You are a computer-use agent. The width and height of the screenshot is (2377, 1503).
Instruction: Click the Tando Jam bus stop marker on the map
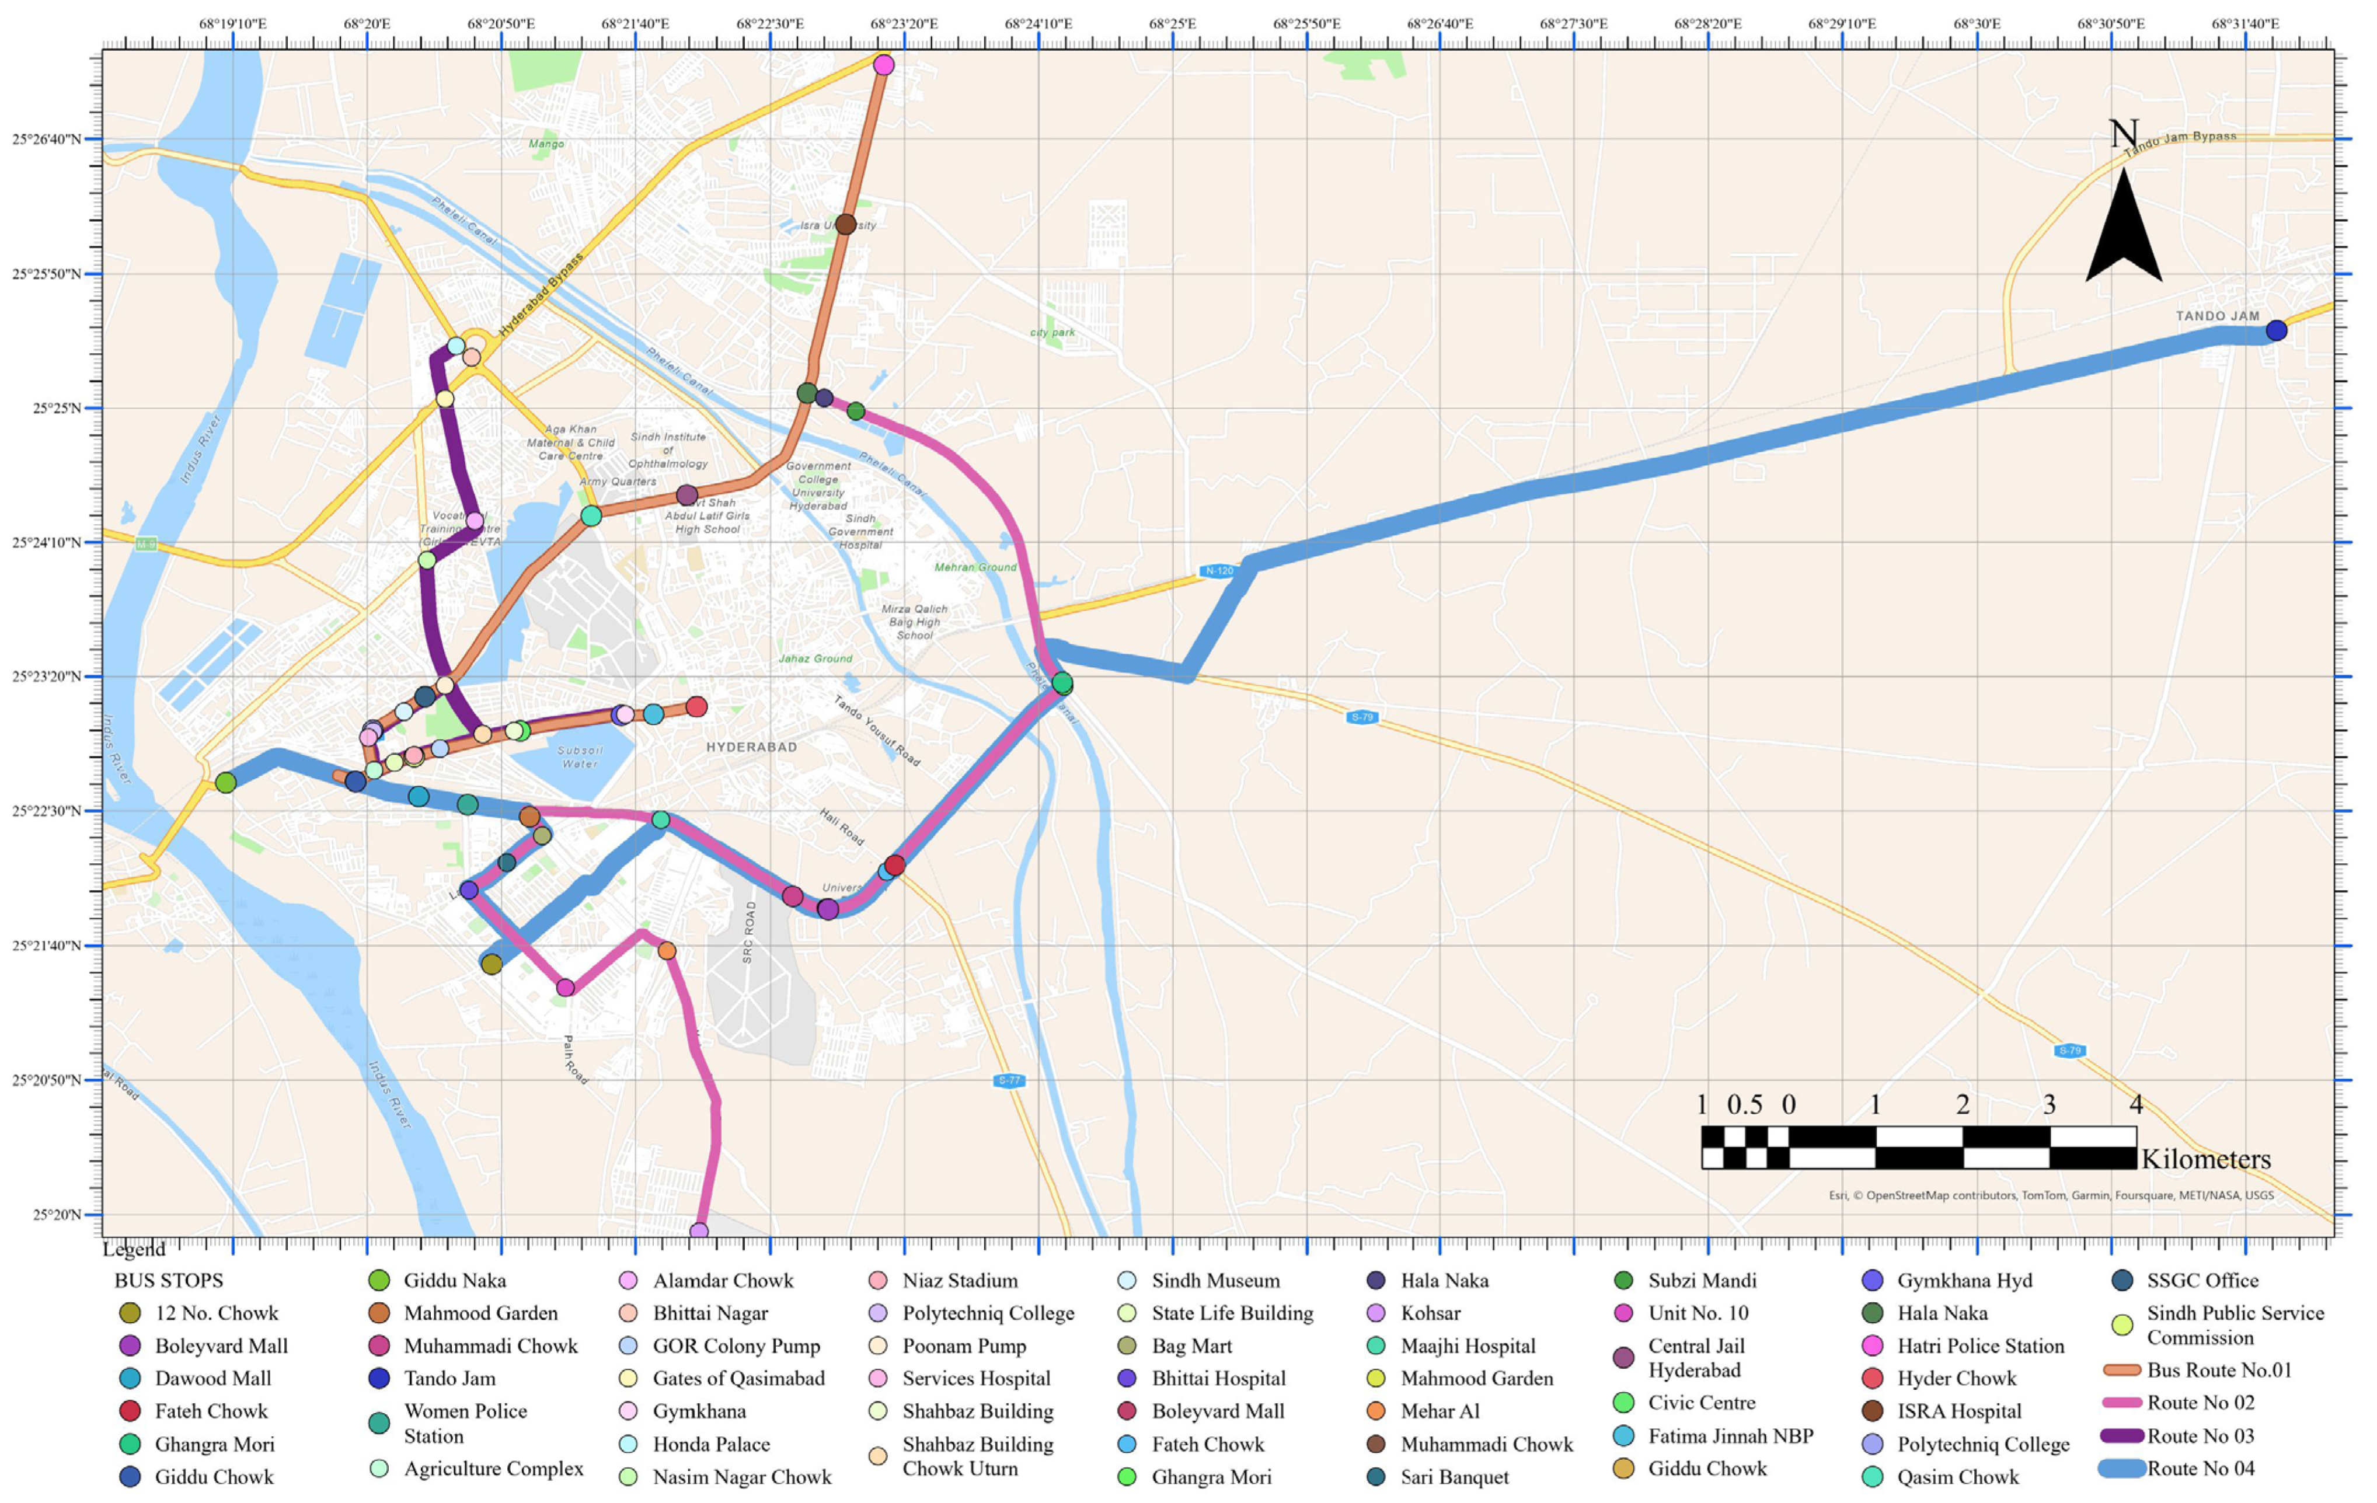tap(2275, 330)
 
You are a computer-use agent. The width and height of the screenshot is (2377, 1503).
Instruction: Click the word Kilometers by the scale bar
tap(2205, 1159)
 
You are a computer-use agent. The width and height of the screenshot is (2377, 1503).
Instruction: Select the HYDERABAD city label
tap(751, 747)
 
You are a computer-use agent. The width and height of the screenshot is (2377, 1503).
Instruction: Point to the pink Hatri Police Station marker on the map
tap(883, 65)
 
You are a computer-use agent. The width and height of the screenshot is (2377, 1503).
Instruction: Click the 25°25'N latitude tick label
tap(56, 407)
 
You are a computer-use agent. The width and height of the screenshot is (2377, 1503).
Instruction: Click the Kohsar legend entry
tap(1430, 1313)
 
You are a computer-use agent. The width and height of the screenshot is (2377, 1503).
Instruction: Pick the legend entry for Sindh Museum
tap(1214, 1280)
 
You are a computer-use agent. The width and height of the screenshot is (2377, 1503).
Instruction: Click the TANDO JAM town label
tap(2217, 316)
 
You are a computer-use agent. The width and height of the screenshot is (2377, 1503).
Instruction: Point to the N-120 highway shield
tap(1218, 570)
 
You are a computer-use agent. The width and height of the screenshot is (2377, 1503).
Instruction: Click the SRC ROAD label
tap(748, 933)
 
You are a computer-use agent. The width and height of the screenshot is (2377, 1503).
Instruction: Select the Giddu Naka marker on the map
tap(225, 783)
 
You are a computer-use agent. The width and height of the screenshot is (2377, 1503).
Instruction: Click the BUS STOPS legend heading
tap(169, 1280)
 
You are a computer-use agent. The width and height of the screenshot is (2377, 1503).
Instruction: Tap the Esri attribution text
tap(2050, 1195)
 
